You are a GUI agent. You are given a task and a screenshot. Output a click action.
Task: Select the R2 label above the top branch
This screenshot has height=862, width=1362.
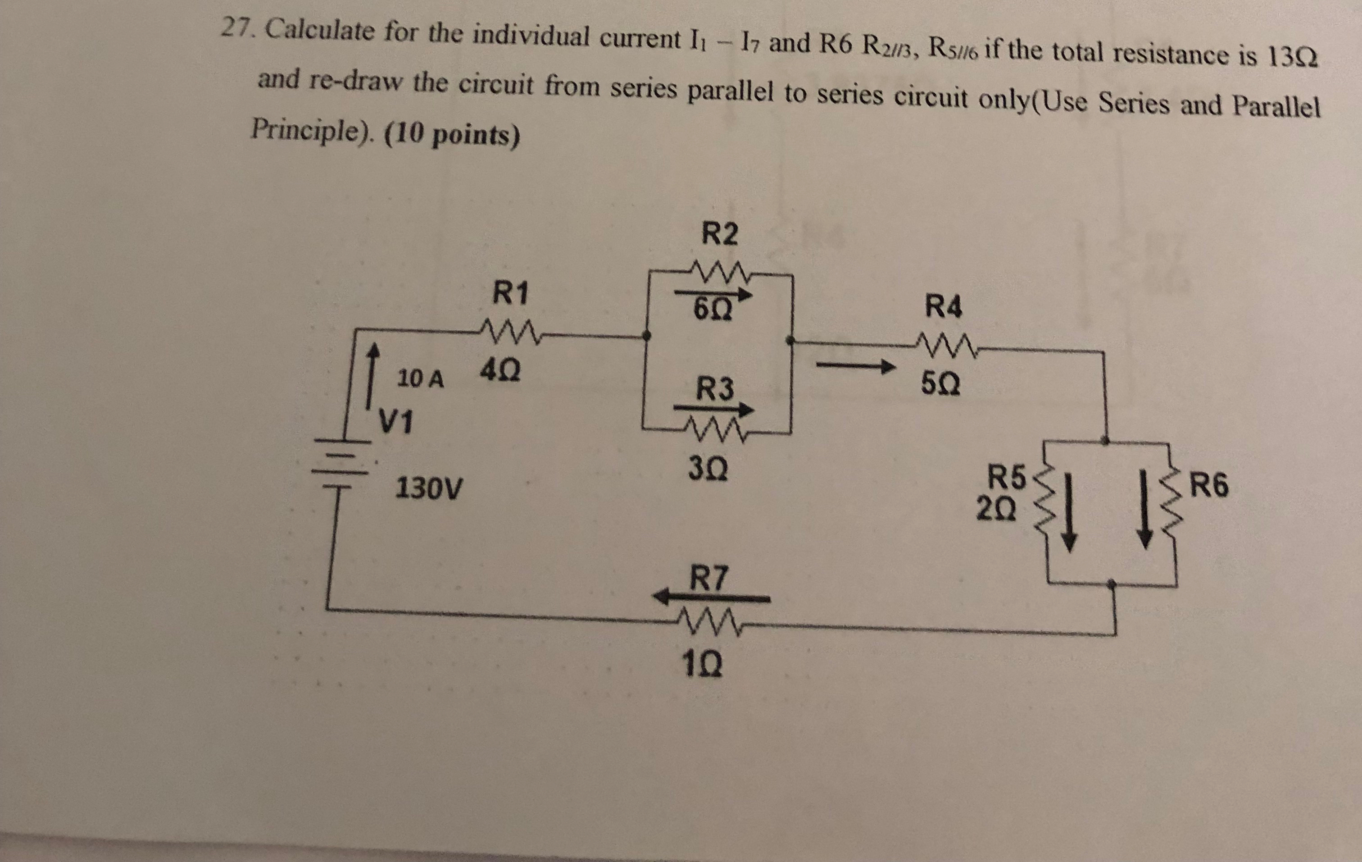(x=719, y=234)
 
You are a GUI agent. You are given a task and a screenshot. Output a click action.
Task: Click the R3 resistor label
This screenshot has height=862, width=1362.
(x=714, y=389)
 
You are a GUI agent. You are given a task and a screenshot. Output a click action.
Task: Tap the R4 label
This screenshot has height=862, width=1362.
(x=943, y=307)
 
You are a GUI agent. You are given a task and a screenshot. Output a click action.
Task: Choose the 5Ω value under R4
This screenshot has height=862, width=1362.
(x=940, y=385)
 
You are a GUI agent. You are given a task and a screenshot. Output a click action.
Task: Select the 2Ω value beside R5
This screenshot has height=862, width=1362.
(x=997, y=509)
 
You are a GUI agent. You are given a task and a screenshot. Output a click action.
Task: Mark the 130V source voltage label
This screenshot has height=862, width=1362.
(x=428, y=488)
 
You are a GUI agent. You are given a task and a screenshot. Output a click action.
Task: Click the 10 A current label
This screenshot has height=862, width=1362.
(x=420, y=378)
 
